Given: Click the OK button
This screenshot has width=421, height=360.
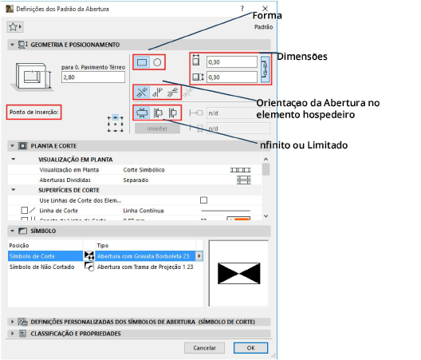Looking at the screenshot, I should tap(250, 348).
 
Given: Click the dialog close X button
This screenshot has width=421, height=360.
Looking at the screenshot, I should tap(265, 8).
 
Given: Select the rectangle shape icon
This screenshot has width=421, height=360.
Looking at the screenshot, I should tap(142, 61).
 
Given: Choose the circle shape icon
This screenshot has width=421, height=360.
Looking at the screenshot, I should tap(158, 61).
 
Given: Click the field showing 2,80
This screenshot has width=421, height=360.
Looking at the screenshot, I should tap(92, 77).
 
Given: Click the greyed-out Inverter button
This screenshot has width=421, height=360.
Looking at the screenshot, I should tap(156, 128).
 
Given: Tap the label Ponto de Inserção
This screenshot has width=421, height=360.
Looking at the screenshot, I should tap(33, 112).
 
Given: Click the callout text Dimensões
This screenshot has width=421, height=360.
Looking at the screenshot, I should tap(304, 57).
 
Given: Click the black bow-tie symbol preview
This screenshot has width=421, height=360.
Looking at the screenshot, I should tap(238, 273).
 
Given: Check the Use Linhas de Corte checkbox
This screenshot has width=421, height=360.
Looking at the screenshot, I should tap(203, 200).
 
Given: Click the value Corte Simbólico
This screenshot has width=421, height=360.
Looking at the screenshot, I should tap(144, 170).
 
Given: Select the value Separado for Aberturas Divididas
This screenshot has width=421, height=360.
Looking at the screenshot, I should tap(136, 180).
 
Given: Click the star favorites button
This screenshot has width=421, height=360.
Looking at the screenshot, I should tap(14, 26).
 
